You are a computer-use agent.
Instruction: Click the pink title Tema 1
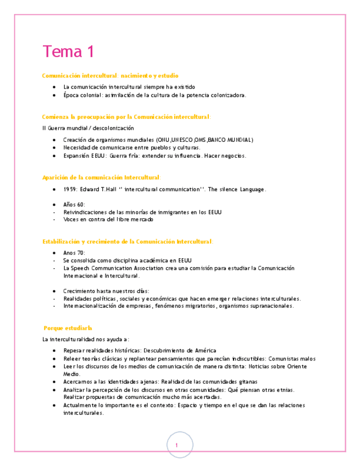point(68,52)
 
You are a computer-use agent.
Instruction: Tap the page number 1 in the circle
point(177,445)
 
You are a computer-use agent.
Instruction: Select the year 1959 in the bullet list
point(70,190)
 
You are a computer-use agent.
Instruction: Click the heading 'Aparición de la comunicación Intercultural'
point(101,177)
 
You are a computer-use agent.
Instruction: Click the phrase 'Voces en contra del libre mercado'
point(108,220)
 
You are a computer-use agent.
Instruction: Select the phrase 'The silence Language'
point(237,190)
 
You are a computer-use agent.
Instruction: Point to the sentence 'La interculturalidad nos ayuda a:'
point(86,339)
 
